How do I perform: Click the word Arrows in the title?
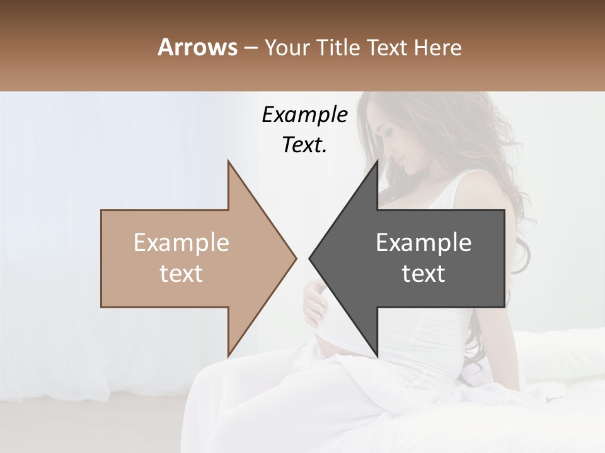pos(197,47)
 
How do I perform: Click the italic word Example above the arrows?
pos(304,115)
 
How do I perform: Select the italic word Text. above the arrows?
pos(304,145)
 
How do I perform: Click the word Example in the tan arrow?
pos(181,243)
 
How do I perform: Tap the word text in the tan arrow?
pos(181,273)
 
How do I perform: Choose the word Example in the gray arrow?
pos(423,243)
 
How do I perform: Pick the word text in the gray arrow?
pos(423,273)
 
